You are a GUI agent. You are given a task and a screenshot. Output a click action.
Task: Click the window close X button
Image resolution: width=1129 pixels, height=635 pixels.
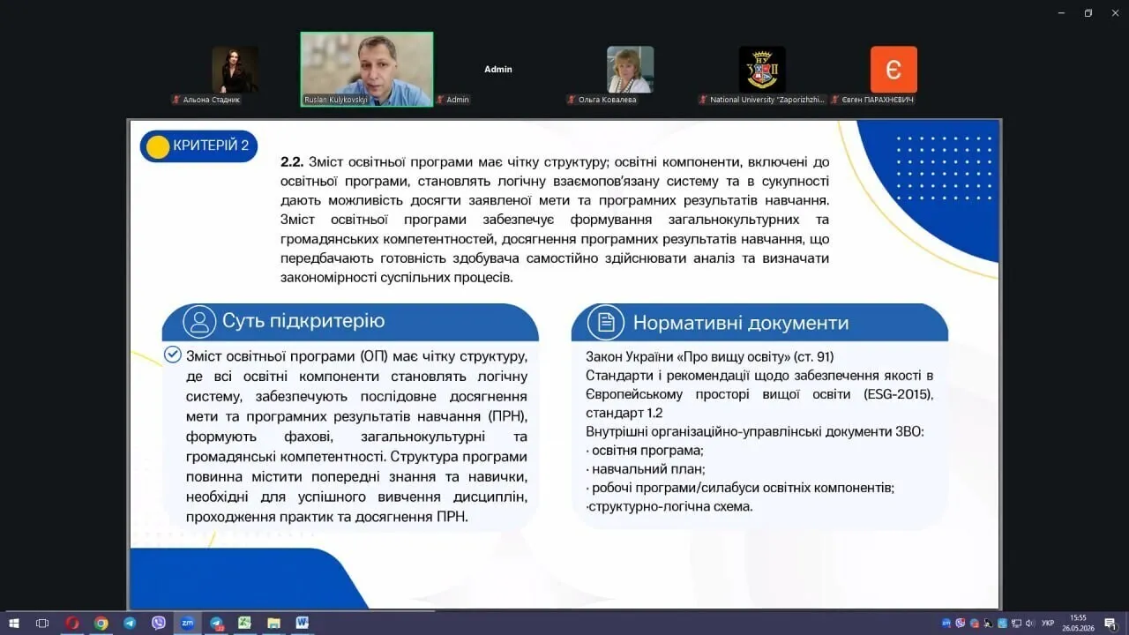tap(1115, 13)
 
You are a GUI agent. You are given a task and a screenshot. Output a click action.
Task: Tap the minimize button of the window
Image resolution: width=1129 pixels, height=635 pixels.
tap(1061, 13)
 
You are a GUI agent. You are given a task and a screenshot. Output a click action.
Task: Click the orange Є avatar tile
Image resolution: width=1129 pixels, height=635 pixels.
tap(893, 70)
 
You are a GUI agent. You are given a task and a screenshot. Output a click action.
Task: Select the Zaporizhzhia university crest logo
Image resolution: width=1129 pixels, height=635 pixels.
tap(762, 70)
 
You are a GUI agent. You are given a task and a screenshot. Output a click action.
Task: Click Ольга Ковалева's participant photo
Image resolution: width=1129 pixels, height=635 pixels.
tap(630, 70)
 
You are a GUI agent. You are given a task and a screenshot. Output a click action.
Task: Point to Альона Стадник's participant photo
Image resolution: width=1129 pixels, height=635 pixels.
tap(235, 70)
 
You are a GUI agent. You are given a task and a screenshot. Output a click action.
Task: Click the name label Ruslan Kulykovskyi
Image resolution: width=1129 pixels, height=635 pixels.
tap(336, 100)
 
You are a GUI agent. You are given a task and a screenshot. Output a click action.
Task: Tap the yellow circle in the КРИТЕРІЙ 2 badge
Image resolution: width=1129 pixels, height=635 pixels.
tap(158, 147)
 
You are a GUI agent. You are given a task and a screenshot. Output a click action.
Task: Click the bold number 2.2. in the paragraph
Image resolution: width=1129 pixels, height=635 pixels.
tap(292, 161)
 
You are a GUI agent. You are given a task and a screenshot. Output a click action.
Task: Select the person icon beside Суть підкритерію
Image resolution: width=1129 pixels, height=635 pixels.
tap(199, 322)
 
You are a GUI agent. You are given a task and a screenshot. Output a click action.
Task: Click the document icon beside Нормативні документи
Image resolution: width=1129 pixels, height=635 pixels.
tap(605, 322)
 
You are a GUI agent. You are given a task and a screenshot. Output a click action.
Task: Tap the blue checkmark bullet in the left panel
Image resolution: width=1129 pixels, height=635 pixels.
tap(172, 355)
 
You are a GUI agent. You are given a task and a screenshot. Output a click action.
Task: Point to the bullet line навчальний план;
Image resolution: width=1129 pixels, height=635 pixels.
tap(646, 469)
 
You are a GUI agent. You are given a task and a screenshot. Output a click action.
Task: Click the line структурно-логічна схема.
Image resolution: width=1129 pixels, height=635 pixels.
tap(669, 506)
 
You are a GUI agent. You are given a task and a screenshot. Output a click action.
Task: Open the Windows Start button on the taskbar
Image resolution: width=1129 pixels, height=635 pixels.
tap(14, 624)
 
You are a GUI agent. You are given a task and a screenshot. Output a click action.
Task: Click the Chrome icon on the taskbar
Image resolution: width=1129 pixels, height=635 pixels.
tap(101, 624)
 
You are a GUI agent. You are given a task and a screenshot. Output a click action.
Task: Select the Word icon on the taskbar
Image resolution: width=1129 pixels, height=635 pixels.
tap(302, 623)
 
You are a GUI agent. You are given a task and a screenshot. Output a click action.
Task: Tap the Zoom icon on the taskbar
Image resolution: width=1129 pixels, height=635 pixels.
tap(188, 624)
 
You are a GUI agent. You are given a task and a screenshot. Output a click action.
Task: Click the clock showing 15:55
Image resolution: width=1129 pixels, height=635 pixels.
tap(1078, 618)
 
